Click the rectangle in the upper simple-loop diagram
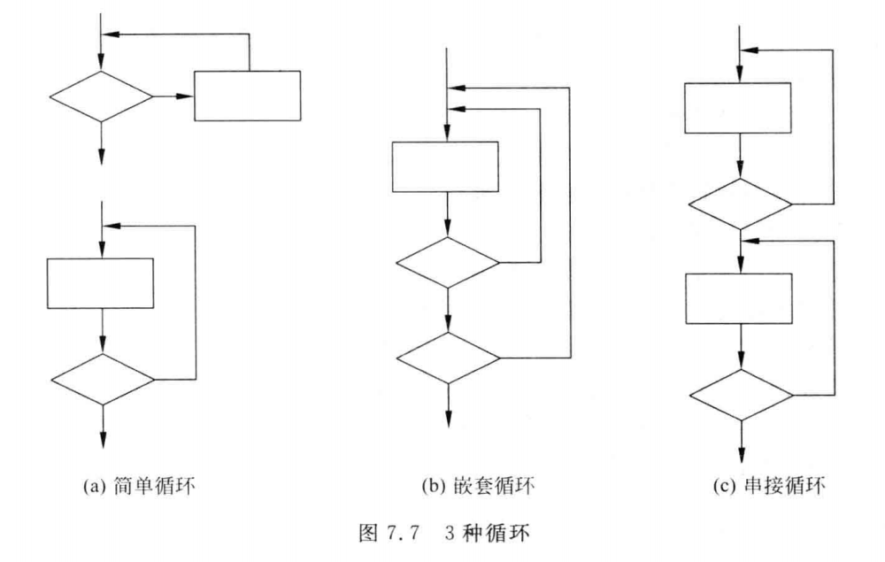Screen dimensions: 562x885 pyautogui.click(x=247, y=95)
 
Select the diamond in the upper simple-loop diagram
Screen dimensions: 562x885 pyautogui.click(x=101, y=96)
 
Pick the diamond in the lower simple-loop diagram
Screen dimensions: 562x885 pyautogui.click(x=103, y=380)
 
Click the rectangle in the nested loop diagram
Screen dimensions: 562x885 pyautogui.click(x=445, y=166)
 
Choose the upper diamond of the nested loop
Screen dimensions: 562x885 pyautogui.click(x=448, y=262)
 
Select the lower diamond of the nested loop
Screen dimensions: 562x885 pyautogui.click(x=448, y=358)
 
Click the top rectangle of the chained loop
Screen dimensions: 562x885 pyautogui.click(x=738, y=108)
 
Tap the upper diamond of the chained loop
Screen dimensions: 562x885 pyautogui.click(x=740, y=204)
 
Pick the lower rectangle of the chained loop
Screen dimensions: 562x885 pyautogui.click(x=740, y=299)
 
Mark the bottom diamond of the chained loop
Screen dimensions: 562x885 pyautogui.click(x=740, y=395)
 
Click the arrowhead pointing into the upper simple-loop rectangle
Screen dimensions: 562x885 pyautogui.click(x=188, y=96)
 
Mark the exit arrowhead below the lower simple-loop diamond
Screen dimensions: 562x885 pyautogui.click(x=103, y=439)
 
